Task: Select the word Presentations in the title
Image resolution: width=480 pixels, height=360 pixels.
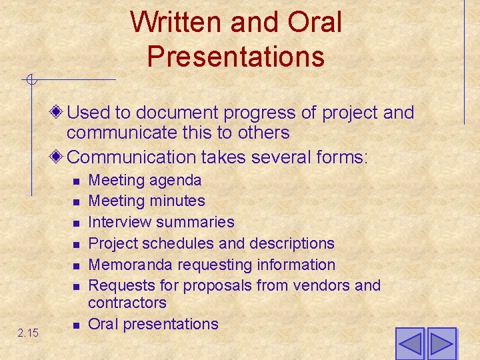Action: [236, 56]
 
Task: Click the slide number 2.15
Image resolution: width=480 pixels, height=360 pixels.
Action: [28, 331]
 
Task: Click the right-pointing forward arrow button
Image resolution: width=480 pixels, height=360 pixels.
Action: [441, 344]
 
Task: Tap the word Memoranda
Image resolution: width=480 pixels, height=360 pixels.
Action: [127, 265]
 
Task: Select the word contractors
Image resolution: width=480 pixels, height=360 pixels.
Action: [127, 303]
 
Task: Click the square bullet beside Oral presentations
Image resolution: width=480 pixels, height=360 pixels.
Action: [76, 325]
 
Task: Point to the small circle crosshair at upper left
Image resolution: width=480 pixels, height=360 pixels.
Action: [31, 81]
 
